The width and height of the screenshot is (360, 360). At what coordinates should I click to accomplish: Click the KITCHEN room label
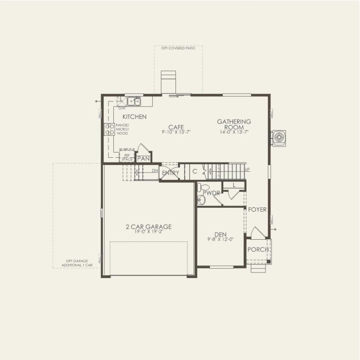pos(134,117)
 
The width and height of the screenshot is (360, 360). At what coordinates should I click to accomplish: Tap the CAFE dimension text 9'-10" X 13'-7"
pos(176,132)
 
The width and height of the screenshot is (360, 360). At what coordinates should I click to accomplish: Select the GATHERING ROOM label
pos(234,125)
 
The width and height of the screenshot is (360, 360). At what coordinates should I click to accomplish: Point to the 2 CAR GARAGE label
pos(149,227)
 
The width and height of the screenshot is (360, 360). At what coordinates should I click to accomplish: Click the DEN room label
pos(220,235)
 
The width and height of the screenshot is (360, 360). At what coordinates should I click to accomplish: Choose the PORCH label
pos(258,250)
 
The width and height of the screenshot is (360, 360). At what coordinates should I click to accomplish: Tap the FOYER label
pos(257,210)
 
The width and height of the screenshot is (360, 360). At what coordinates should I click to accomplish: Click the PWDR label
pos(212,193)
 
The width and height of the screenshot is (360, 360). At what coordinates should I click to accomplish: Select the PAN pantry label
pos(143,159)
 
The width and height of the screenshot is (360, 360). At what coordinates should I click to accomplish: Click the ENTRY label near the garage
pos(170,173)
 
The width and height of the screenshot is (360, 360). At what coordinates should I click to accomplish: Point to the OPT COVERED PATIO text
pos(178,48)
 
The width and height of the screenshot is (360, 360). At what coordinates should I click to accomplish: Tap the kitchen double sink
pos(133,101)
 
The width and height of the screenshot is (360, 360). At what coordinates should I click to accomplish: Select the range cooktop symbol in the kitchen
pos(109,129)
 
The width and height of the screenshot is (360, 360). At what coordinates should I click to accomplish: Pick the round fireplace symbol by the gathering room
pos(278,138)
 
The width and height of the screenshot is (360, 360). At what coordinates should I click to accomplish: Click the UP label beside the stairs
pos(247,169)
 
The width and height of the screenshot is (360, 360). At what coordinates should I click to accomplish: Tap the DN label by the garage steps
pos(155,171)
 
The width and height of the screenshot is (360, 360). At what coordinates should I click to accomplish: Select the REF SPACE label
pos(127,157)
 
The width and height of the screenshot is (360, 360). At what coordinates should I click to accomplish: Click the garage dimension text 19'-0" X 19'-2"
pos(149,232)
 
